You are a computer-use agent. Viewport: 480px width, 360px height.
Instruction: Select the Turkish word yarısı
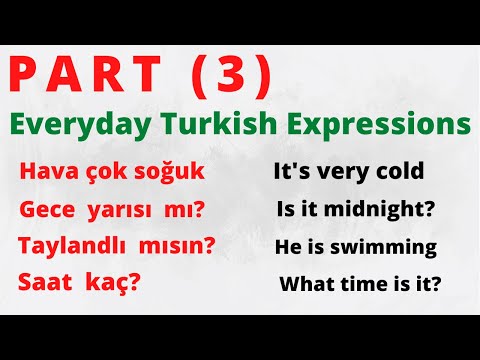[125, 211]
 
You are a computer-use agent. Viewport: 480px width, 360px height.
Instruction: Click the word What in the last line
[306, 284]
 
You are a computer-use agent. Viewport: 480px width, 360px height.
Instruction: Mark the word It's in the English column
[291, 172]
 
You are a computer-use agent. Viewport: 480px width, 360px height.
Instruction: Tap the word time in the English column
[364, 284]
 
